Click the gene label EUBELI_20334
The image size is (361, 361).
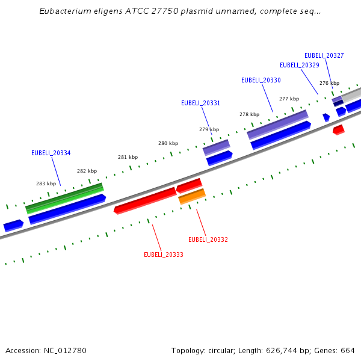click(x=51, y=153)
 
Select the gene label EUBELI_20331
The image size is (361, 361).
click(x=200, y=103)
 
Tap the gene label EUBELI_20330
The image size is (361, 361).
click(x=261, y=80)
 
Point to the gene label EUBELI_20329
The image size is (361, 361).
click(x=299, y=65)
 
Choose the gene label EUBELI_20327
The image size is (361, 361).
click(x=324, y=55)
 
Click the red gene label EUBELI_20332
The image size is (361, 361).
click(x=208, y=239)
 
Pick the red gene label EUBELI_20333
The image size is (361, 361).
click(x=163, y=255)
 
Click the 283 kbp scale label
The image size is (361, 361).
click(x=46, y=184)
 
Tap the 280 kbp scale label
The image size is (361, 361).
click(x=168, y=143)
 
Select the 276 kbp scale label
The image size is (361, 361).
click(x=329, y=83)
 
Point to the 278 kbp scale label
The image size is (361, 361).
click(x=249, y=114)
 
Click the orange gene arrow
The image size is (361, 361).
click(x=192, y=196)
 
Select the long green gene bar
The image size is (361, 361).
click(x=64, y=198)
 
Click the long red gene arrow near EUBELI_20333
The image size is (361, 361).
click(x=145, y=200)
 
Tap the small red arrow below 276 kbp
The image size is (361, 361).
click(x=339, y=129)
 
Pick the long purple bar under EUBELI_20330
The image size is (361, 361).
click(x=277, y=124)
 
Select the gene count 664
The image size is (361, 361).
click(x=348, y=350)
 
